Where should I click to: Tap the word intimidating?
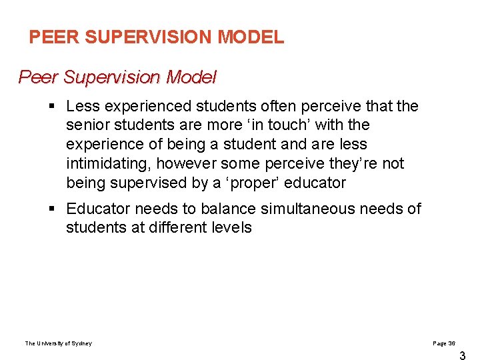coord(107,163)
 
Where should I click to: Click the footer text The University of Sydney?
coord(59,343)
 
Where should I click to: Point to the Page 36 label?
coord(444,343)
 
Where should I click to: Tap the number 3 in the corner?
coord(463,356)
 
